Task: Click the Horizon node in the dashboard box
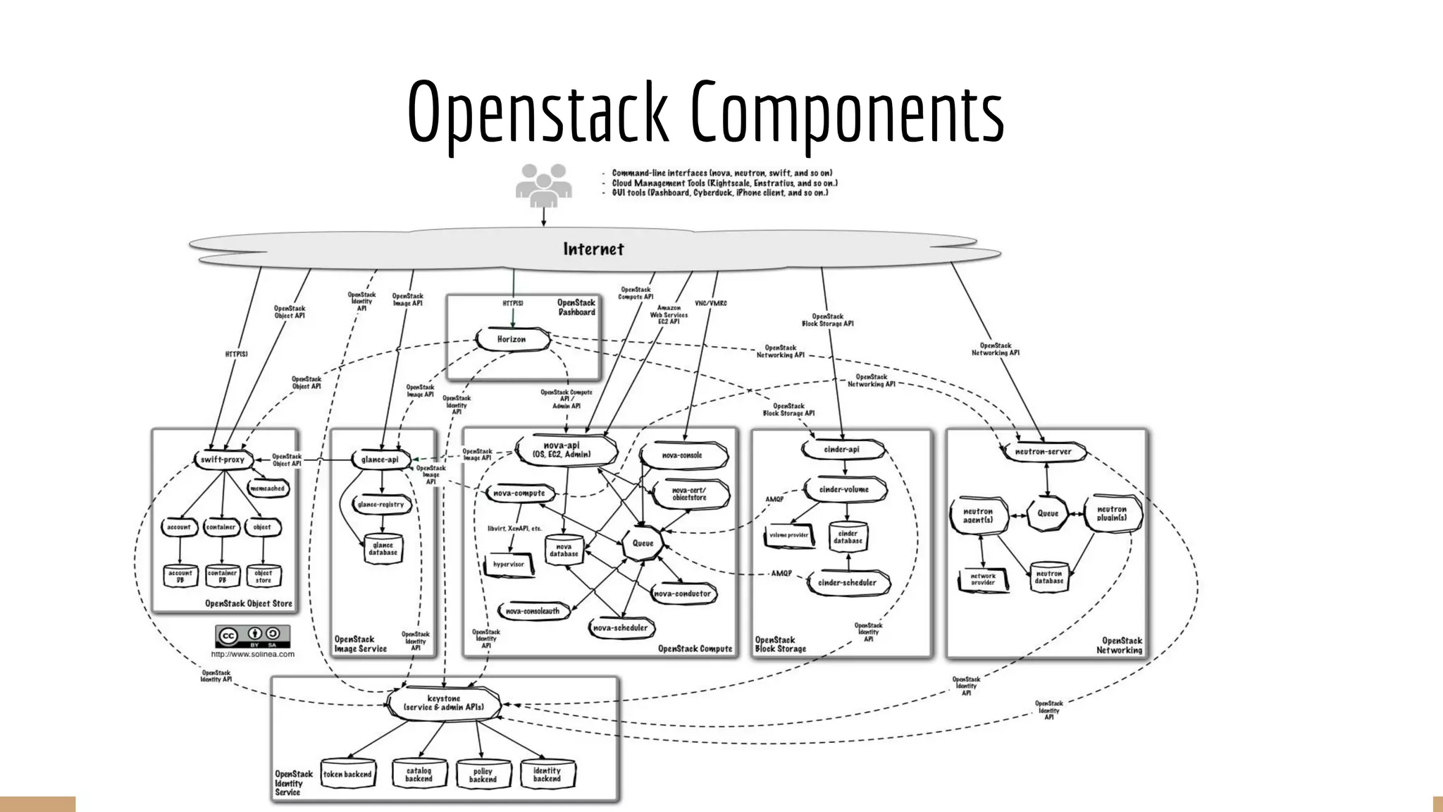[x=512, y=339]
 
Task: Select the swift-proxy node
[x=223, y=460]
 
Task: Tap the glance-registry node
[x=381, y=505]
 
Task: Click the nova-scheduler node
[x=620, y=627]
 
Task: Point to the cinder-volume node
[x=843, y=489]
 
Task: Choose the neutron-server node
[x=1043, y=452]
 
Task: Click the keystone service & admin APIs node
[x=444, y=703]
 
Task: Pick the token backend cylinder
[x=347, y=774]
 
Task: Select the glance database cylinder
[x=383, y=549]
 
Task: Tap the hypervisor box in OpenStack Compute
[x=509, y=565]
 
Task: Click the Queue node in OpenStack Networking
[x=1048, y=514]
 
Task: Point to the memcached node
[x=268, y=488]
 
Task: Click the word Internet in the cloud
[x=593, y=250]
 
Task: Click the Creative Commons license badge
[x=252, y=636]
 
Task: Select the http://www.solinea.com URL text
[x=253, y=654]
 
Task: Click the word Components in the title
[x=846, y=113]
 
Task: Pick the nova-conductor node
[x=682, y=593]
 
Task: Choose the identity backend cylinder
[x=547, y=775]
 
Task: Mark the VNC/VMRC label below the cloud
[x=710, y=304]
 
